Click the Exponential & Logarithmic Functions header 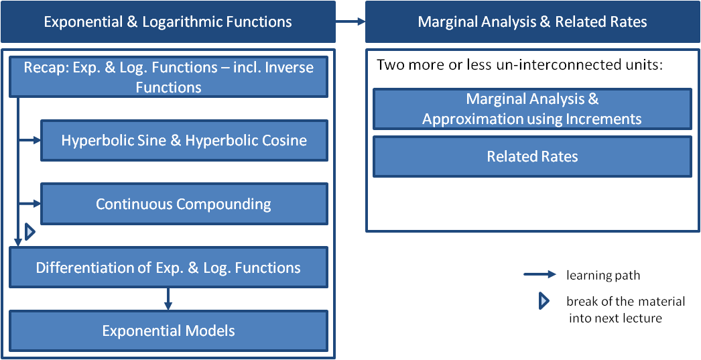coord(168,21)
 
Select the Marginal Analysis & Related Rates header coord(532,21)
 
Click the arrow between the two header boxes coord(350,21)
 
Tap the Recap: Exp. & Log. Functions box coord(168,76)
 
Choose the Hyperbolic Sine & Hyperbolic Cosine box coord(184,141)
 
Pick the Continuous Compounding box coord(184,204)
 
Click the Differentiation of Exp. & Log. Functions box coord(168,267)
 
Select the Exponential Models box coord(168,331)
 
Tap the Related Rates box coord(532,157)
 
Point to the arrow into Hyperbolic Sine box coord(29,141)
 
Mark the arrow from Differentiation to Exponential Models coord(168,299)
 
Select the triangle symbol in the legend coord(544,302)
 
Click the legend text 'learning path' coord(603,275)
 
